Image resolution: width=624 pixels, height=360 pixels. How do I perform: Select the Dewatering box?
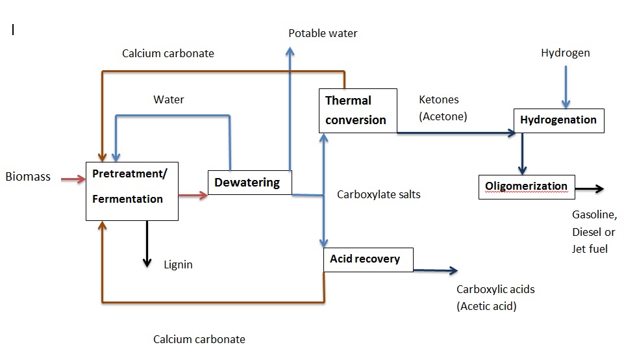click(x=249, y=183)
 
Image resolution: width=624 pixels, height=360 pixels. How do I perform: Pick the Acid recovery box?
click(x=368, y=259)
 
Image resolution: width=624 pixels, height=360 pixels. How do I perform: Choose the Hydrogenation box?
click(x=558, y=120)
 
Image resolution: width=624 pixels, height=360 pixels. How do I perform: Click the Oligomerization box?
click(x=527, y=187)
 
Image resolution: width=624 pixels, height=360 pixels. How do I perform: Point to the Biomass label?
click(x=28, y=177)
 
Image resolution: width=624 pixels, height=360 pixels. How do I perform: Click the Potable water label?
click(x=323, y=33)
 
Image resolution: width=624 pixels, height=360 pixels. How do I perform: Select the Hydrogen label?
click(x=565, y=53)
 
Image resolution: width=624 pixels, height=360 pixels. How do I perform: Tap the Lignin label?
click(x=178, y=264)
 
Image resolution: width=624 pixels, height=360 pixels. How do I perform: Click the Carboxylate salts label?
click(x=379, y=194)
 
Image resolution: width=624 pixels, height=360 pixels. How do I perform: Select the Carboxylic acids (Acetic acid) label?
click(x=495, y=298)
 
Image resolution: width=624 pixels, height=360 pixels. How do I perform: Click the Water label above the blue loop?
click(x=168, y=99)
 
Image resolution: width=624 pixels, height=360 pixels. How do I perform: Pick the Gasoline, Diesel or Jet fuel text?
click(x=593, y=231)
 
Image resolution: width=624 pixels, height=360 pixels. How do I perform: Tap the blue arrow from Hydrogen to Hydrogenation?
click(x=566, y=85)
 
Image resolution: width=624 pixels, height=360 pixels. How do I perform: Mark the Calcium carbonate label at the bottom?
click(x=199, y=339)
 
